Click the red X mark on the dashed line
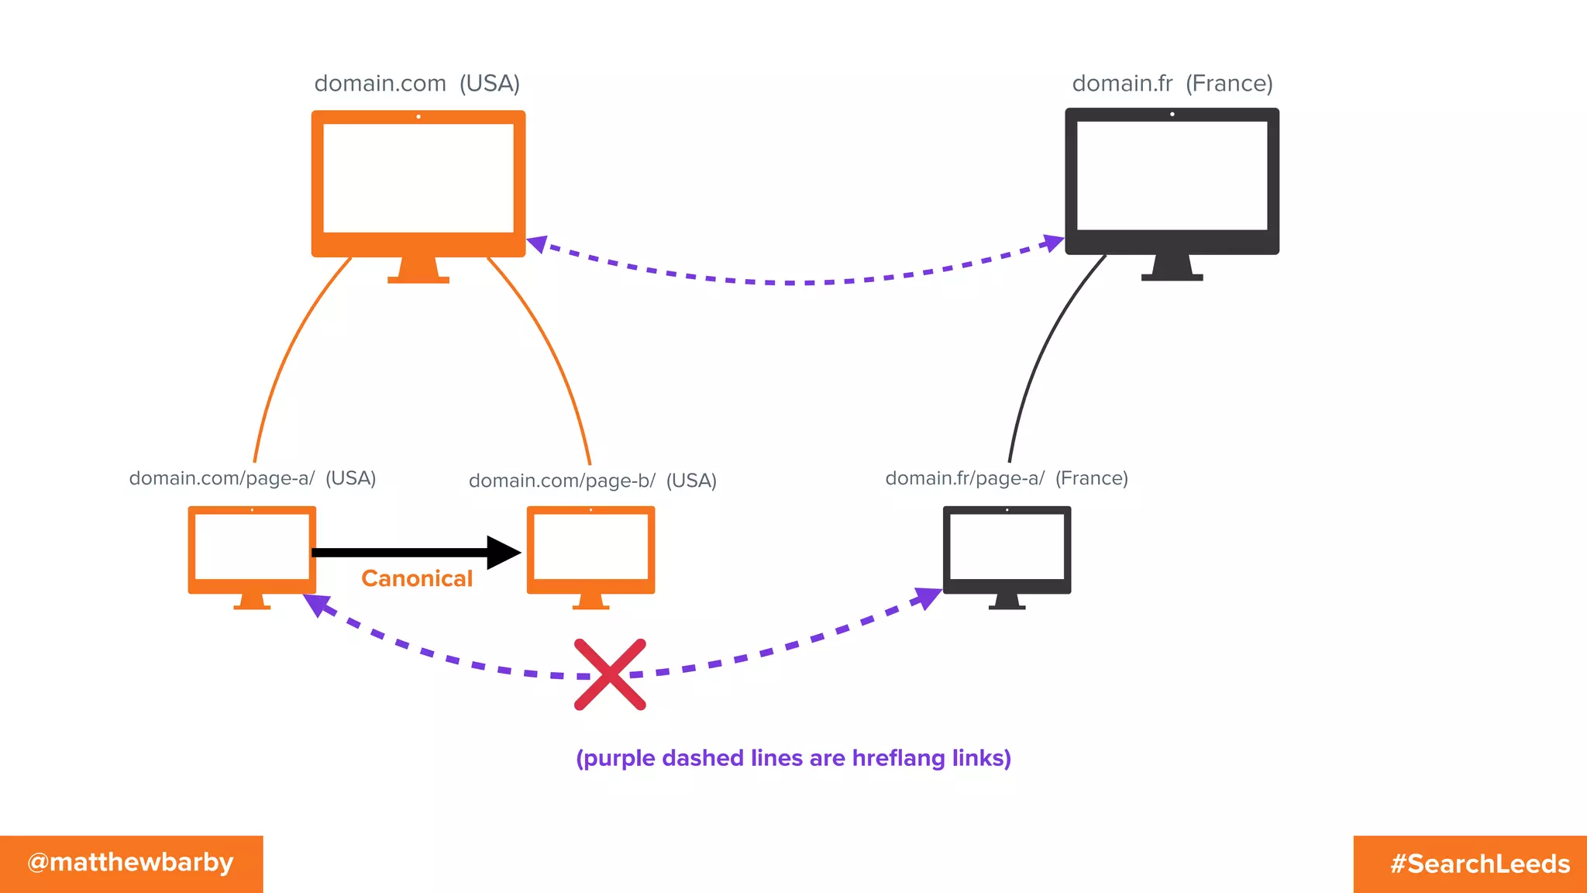610,674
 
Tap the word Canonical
417,578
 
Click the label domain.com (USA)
417,83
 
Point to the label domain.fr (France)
1172,83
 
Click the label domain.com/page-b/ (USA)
592,481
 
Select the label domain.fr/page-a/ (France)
1006,478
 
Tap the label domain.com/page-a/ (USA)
253,478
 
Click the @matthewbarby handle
130,863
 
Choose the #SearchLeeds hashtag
1479,864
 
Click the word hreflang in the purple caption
898,757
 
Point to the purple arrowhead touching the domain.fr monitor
1053,243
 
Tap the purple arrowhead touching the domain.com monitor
537,244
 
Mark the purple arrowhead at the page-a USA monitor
316,604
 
